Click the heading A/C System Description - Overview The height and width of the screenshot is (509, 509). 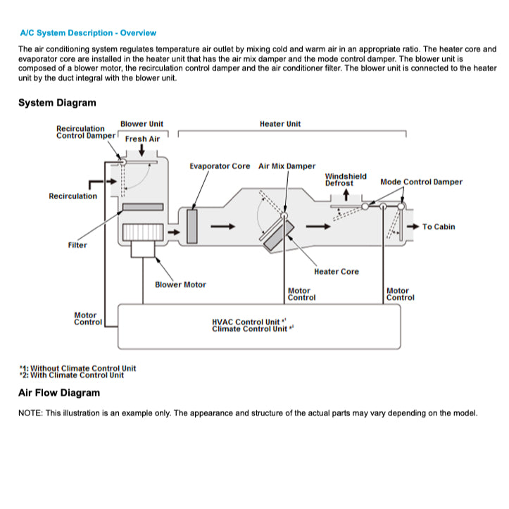tap(88, 32)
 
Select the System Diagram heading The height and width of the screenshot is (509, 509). tap(57, 103)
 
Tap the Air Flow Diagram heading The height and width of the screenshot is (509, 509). tap(59, 393)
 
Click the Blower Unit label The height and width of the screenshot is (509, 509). tap(142, 124)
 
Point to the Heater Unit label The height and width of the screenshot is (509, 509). tap(279, 124)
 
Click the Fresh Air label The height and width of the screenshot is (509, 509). tap(142, 139)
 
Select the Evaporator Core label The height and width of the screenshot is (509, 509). tap(220, 166)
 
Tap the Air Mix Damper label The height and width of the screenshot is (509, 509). tap(287, 166)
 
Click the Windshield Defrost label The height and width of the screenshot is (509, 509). tap(345, 180)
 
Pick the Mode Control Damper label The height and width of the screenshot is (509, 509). tap(421, 182)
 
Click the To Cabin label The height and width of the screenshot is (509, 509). tap(439, 227)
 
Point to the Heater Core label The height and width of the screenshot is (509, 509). tap(336, 271)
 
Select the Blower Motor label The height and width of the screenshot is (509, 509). tap(180, 284)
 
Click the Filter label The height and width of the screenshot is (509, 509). tap(77, 245)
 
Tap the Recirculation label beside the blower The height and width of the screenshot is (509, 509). tap(73, 196)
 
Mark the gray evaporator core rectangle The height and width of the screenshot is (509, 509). tap(192, 226)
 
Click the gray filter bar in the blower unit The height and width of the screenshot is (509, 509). tap(143, 207)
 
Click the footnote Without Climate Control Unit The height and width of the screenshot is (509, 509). tap(77, 367)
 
